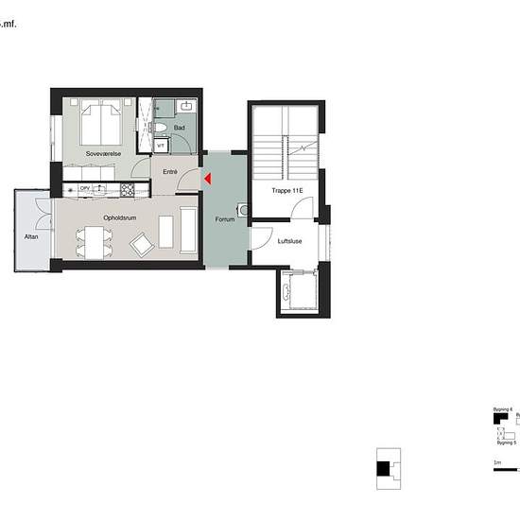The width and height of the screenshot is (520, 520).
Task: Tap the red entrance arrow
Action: [208, 178]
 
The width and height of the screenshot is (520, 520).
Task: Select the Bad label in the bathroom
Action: [179, 127]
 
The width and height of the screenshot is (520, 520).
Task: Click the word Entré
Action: [170, 172]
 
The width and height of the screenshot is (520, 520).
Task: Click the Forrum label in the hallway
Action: [224, 219]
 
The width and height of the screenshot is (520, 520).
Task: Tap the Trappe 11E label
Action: [287, 191]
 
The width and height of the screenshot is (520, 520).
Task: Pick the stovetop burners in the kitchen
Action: [127, 190]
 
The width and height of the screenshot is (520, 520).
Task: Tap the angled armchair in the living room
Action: [143, 246]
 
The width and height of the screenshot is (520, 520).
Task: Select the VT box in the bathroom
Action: [162, 146]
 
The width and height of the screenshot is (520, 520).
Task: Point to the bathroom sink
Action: [186, 107]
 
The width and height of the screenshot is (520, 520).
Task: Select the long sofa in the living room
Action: [188, 233]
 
